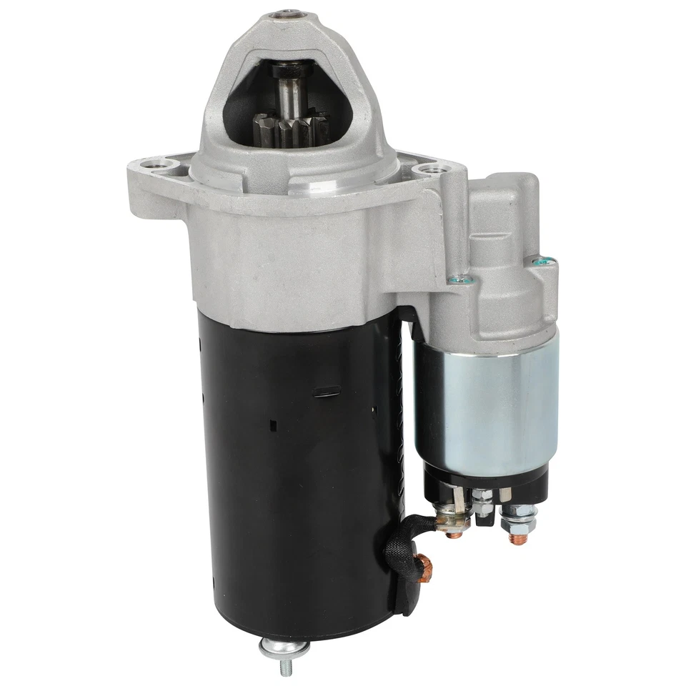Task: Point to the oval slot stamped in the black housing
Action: [x=327, y=391]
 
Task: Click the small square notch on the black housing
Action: [x=273, y=426]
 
